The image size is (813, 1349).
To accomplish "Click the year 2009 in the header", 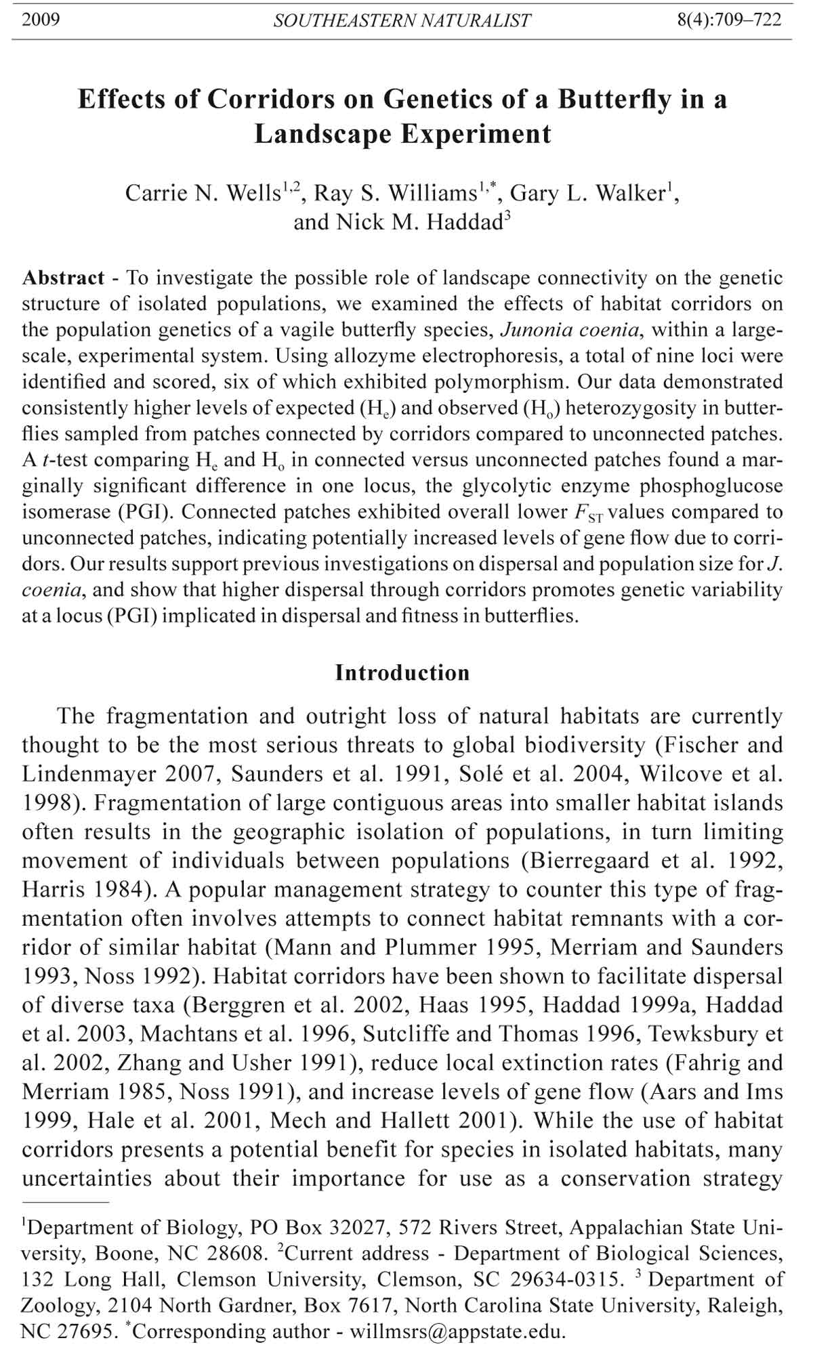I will pyautogui.click(x=41, y=20).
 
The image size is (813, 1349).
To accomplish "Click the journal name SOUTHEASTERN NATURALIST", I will pyautogui.click(x=402, y=21).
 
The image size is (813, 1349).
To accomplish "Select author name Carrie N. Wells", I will pyautogui.click(x=203, y=194).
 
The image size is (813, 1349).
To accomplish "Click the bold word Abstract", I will pyautogui.click(x=64, y=278).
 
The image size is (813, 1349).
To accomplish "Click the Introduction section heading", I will pyautogui.click(x=402, y=673).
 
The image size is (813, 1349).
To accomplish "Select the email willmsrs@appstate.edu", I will pyautogui.click(x=457, y=1332).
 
